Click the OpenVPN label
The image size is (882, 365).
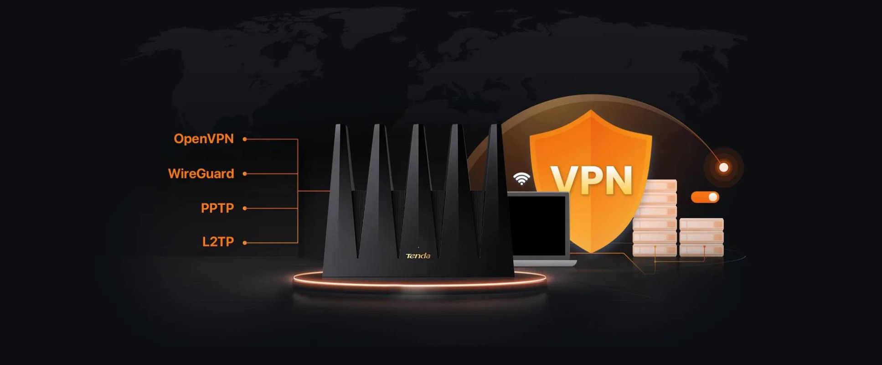tap(204, 139)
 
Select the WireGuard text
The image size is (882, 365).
tap(201, 173)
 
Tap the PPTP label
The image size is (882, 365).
tap(217, 208)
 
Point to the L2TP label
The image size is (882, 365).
tap(218, 242)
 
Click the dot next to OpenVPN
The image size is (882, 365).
tap(245, 139)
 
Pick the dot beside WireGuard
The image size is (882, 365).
tap(245, 174)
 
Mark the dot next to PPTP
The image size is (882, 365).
tap(245, 208)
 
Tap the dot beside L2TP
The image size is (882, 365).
tap(245, 243)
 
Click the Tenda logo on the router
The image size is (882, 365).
tap(418, 256)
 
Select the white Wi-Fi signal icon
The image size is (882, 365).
tap(521, 178)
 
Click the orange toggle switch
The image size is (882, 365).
tap(705, 197)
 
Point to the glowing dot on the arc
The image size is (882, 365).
tap(724, 167)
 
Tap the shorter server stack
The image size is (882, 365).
tap(701, 237)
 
